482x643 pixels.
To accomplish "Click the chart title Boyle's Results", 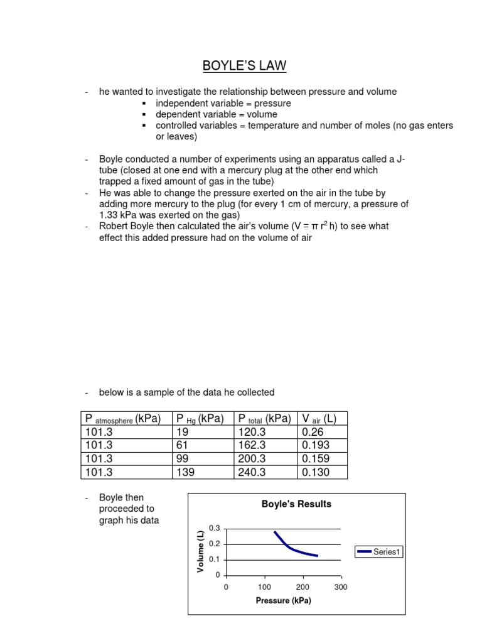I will tap(296, 504).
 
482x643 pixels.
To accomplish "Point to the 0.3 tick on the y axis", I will tap(217, 529).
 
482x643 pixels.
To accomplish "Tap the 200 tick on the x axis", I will tap(303, 587).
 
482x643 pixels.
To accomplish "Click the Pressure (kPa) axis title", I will tap(284, 600).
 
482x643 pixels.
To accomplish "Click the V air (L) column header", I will tap(318, 419).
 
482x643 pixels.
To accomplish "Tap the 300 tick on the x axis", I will tap(341, 587).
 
